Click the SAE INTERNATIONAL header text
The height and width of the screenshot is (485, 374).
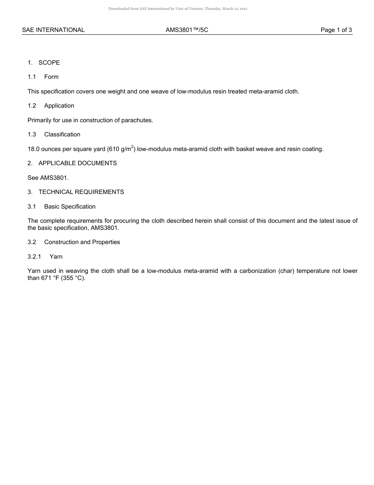(53, 30)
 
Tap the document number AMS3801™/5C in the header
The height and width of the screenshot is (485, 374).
(187, 30)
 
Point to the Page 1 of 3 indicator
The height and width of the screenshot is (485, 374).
(336, 30)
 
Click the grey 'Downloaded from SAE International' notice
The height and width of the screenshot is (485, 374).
(178, 9)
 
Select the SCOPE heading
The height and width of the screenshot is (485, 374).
(49, 63)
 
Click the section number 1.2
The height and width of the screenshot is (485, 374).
(32, 106)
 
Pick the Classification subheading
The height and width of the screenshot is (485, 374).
(62, 134)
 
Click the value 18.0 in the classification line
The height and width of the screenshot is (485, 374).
(33, 149)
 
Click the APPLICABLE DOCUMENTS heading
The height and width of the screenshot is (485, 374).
(78, 163)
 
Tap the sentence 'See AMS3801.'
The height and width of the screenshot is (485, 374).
(48, 178)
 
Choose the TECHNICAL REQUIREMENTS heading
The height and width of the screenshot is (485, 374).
(81, 192)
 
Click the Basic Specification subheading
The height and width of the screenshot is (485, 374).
(70, 207)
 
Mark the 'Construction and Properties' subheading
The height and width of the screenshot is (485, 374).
(82, 242)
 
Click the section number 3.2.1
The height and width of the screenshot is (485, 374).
(34, 257)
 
